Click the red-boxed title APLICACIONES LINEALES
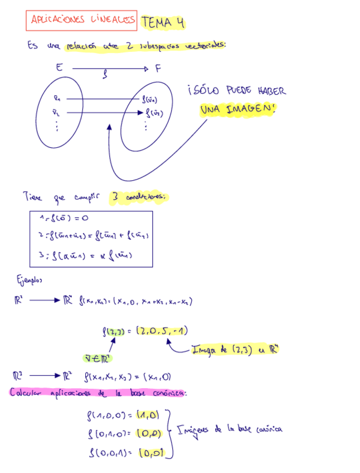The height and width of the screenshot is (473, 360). [x=81, y=21]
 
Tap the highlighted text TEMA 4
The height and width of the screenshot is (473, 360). [x=163, y=22]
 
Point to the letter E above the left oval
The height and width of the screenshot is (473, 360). [x=59, y=68]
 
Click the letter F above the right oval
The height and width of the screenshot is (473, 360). [x=158, y=69]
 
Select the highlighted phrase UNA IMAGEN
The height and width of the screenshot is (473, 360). [x=237, y=109]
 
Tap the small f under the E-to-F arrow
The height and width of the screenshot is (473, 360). [x=105, y=77]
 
